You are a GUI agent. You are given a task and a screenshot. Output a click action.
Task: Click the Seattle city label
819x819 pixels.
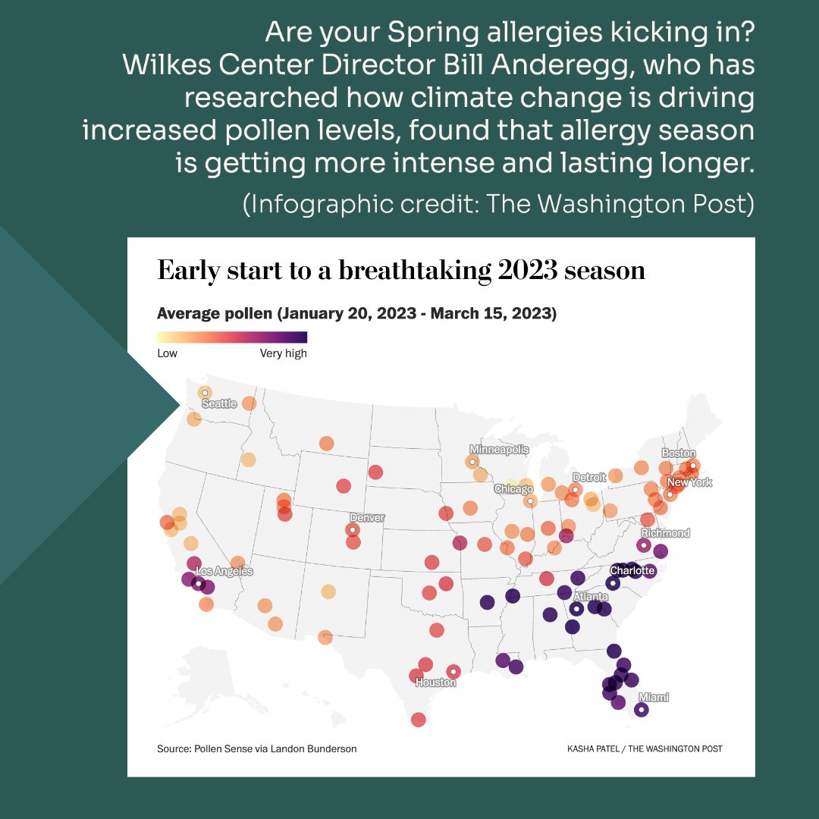point(219,403)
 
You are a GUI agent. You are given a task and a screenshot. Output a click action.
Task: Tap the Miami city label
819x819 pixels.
point(654,697)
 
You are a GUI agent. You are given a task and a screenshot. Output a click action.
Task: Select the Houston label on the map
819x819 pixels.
point(435,682)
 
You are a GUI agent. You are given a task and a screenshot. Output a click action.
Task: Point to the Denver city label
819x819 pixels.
point(367,518)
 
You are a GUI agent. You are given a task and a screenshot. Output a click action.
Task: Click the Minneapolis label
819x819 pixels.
point(499,450)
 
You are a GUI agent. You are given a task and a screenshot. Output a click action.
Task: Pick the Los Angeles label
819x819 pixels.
point(224,571)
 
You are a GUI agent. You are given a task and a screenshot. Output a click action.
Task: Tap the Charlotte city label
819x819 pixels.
point(632,570)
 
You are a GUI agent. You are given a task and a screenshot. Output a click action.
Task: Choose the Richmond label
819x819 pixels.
point(665,533)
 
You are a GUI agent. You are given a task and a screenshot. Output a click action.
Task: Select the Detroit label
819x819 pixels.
point(589,477)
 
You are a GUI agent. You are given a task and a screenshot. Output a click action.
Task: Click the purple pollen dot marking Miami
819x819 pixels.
point(641,711)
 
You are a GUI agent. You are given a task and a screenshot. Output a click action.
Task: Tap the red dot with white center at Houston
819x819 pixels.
point(453,671)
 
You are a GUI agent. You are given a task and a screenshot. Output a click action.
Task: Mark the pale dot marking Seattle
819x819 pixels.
point(205,393)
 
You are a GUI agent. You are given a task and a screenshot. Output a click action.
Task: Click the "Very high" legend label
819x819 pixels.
point(283,353)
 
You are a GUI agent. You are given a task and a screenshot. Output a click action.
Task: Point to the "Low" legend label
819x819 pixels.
point(167,353)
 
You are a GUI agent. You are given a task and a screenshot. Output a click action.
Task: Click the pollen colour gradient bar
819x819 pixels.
point(232,337)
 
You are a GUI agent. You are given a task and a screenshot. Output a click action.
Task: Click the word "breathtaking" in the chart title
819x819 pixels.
point(404,271)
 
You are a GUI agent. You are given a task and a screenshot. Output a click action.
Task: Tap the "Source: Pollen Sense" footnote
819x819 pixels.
point(256,748)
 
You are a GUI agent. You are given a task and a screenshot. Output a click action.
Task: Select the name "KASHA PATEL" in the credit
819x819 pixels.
point(595,748)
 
